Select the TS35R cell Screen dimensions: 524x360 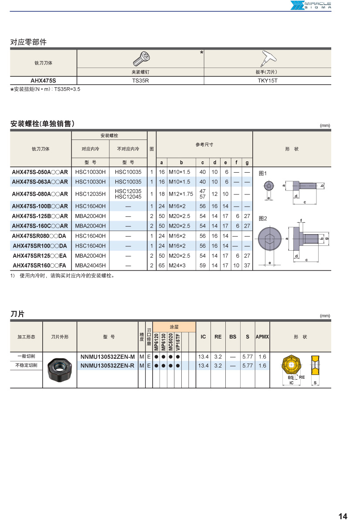tap(141, 81)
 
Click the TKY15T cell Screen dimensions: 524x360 tap(267, 81)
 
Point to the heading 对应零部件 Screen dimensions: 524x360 tap(28, 42)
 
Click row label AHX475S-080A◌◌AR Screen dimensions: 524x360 tap(40, 194)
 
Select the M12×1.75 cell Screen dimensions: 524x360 tap(181, 194)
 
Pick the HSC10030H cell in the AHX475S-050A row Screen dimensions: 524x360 tap(90, 172)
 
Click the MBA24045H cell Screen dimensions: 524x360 tap(90, 265)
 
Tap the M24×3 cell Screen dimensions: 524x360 tap(177, 265)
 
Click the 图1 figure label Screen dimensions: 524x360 tap(263, 173)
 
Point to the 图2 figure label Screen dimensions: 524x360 tap(263, 218)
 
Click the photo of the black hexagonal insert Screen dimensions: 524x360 tap(60, 370)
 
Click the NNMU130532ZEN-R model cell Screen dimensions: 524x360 tap(108, 366)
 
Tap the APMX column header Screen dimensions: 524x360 tap(262, 337)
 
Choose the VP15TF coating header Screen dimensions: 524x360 tap(178, 341)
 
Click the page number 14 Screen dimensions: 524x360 tap(343, 517)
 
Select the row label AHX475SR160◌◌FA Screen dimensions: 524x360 tap(40, 265)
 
